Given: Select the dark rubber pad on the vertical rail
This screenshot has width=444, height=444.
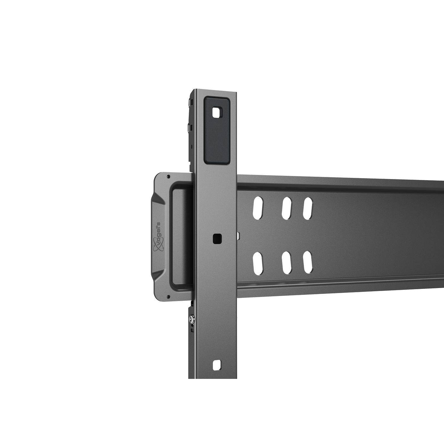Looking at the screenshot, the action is pos(217,131).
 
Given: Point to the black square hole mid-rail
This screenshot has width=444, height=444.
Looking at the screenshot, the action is pos(217,239).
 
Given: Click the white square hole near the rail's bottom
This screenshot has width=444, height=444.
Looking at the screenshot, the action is pos(217,365).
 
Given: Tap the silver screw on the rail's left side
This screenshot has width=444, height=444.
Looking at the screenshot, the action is pos(191,319).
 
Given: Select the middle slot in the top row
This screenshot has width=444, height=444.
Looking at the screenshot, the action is pos(287,208).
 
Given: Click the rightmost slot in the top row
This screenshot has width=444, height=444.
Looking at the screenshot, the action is pos(308,208).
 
